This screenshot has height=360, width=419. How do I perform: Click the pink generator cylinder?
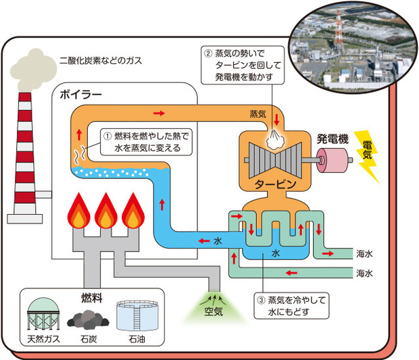pos(332,160)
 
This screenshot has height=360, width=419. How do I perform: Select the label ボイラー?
pos(81,95)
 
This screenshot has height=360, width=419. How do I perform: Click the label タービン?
pos(275,184)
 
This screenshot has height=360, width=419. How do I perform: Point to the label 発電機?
pos(332,139)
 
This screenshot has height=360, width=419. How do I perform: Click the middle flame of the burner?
pos(106,211)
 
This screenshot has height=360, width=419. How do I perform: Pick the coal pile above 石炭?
pos(88,319)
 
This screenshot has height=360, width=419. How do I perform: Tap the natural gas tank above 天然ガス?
pos(43,313)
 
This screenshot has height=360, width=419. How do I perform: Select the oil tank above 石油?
pos(137,315)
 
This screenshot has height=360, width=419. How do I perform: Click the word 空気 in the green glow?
pos(214,311)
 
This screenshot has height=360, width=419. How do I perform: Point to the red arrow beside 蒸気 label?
pos(276,120)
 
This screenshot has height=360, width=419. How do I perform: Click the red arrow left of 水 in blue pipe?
pos(204,241)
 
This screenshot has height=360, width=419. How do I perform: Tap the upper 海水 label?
pos(364,254)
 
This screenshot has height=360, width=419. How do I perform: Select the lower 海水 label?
pos(364,273)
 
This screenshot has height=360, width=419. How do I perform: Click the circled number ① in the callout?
pos(107,136)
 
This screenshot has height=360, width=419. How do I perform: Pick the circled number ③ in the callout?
pos(261,300)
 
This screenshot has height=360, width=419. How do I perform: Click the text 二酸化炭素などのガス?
pos(101,61)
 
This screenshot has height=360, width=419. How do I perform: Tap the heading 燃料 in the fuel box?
pos(92,298)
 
